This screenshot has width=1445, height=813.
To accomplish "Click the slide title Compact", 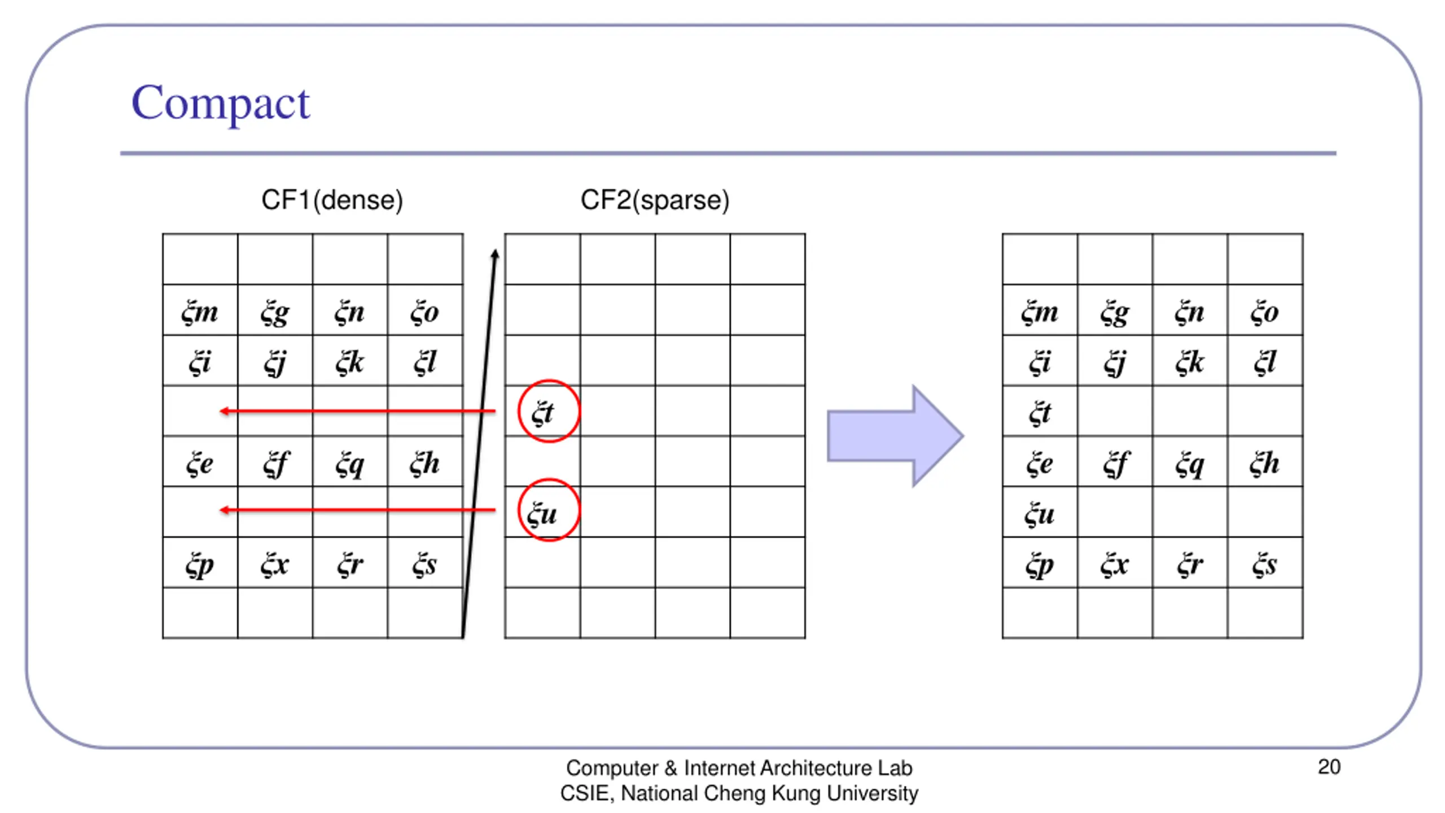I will coord(220,103).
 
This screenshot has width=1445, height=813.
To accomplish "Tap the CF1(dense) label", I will coord(332,200).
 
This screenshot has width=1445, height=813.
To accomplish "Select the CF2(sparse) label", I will coord(655,200).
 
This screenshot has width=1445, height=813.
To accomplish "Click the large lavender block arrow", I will coord(895,435).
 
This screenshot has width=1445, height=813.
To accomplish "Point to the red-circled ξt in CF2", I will coord(548,411).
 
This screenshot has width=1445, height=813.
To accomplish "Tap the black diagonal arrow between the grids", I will coord(479,440).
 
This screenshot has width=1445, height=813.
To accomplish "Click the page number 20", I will coord(1329,767).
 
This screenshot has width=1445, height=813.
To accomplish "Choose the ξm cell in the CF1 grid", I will coord(200,311).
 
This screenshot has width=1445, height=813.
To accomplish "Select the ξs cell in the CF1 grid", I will coord(424,563).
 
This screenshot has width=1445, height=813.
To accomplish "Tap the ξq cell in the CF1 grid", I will coord(350,463).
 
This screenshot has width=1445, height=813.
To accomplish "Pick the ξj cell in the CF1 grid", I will coord(275,362).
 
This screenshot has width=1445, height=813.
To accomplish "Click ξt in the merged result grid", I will coord(1040,412).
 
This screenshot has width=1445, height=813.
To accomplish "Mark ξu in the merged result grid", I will coord(1040,513).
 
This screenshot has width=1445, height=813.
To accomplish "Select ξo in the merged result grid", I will coord(1264,311).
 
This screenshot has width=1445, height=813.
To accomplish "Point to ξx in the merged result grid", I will coord(1115,563).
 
